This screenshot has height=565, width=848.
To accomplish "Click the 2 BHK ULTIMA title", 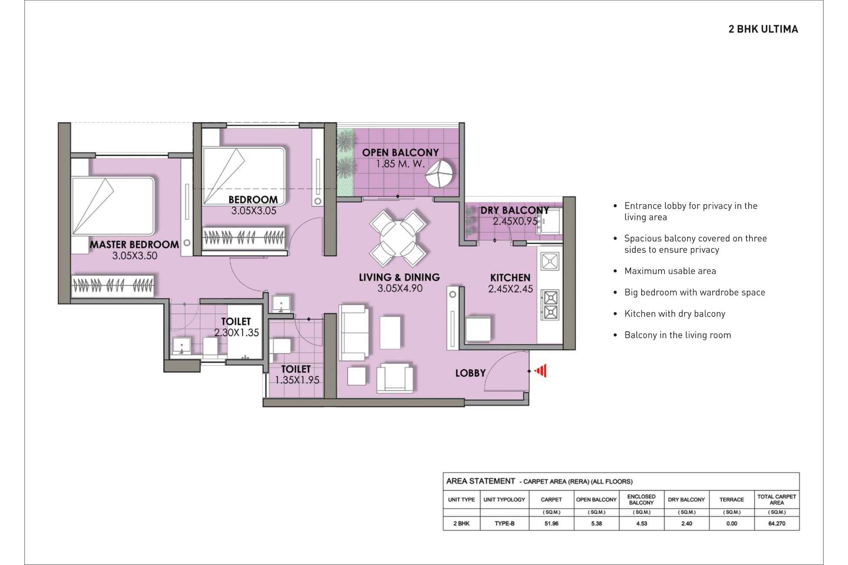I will pos(763,29).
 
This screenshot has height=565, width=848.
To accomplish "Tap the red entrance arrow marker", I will pos(540,371).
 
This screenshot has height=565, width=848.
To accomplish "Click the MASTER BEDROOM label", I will pos(134,245).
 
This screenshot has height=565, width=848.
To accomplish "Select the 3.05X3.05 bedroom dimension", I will pos(253,211).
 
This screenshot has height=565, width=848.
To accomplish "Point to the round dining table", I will pos(398,238).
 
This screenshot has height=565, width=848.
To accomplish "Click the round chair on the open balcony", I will pos(440,173).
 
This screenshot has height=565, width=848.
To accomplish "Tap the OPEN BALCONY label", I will pos(400,153).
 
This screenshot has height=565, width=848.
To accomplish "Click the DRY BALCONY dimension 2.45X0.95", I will pos(514,222).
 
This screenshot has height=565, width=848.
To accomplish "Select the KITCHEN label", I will pos(510,278).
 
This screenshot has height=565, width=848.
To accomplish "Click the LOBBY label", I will pos(470,373).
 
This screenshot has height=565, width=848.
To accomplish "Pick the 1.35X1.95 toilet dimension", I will pos(297,380).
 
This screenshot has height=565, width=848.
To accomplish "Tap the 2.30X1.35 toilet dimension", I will pos(236,333).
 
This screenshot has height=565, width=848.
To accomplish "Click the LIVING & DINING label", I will pos(399,278).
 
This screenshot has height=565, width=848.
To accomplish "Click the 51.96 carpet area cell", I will pos(551,523).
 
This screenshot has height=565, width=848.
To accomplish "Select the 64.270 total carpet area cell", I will pos(776,523).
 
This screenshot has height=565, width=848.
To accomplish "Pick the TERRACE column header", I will pos(731,500).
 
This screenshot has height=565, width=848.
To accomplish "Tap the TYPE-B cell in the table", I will pos(504,523).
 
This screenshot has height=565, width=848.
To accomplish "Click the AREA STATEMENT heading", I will pos(480,481).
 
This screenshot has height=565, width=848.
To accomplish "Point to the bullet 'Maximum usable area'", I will pos(670,271).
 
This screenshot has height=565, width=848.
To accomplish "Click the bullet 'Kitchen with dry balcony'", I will pos(674,314).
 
